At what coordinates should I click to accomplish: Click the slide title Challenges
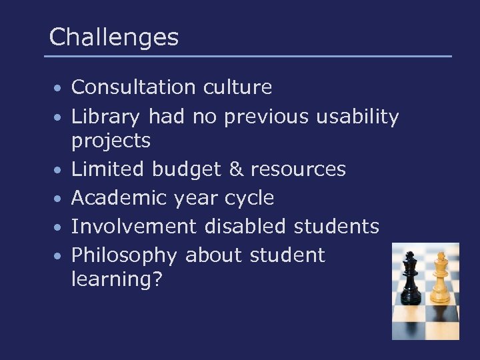click(x=114, y=37)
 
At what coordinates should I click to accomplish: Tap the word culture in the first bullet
click(x=239, y=87)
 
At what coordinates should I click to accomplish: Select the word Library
click(x=106, y=117)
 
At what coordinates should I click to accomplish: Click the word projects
click(x=111, y=141)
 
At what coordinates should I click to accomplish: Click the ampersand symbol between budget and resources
click(x=236, y=169)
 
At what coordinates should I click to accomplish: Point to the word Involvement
click(x=133, y=227)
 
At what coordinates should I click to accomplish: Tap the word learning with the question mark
click(x=117, y=280)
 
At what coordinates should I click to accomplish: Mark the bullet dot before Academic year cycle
click(x=59, y=199)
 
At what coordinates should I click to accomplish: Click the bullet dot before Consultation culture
click(x=59, y=89)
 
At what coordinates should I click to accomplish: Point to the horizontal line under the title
click(x=248, y=56)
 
